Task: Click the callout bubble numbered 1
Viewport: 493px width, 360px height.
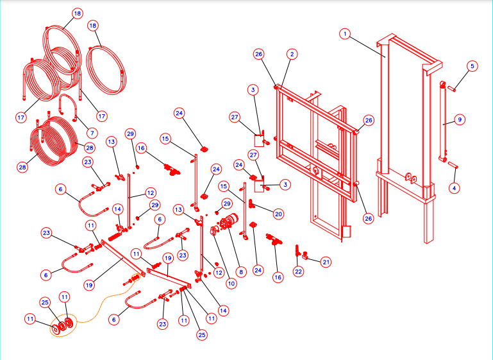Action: click(345, 33)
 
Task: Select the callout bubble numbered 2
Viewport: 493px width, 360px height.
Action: click(292, 55)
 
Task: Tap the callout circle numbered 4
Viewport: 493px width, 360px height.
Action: click(455, 188)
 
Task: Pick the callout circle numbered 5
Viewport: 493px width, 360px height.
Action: click(472, 65)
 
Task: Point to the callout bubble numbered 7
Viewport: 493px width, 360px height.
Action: click(92, 133)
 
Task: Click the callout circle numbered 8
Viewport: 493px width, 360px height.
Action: click(240, 271)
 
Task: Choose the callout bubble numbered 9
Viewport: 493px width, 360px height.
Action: click(459, 119)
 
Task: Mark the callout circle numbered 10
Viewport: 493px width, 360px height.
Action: click(231, 282)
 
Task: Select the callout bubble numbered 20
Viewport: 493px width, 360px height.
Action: click(278, 214)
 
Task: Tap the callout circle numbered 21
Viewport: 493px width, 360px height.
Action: click(326, 262)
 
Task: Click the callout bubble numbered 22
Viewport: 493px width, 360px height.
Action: click(298, 271)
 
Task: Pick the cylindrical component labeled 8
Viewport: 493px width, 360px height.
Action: click(228, 226)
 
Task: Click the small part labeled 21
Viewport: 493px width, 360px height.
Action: click(306, 257)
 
